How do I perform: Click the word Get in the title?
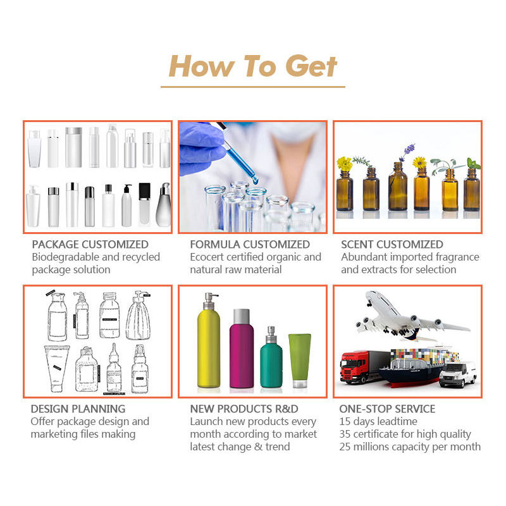click(311, 66)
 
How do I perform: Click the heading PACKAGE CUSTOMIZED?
click(90, 244)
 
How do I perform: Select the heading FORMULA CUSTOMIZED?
click(250, 244)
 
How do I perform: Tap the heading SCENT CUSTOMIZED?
click(392, 244)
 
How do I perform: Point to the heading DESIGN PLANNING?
click(78, 409)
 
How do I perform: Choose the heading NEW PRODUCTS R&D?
click(244, 409)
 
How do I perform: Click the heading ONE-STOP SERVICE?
click(387, 409)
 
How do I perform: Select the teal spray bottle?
click(271, 360)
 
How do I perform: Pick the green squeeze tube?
click(300, 360)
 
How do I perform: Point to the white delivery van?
click(458, 374)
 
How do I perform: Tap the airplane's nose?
click(369, 294)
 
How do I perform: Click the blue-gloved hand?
click(201, 149)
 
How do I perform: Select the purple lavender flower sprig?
click(407, 152)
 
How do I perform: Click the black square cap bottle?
click(145, 204)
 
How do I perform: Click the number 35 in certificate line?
click(345, 435)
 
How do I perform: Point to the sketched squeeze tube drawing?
click(56, 369)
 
